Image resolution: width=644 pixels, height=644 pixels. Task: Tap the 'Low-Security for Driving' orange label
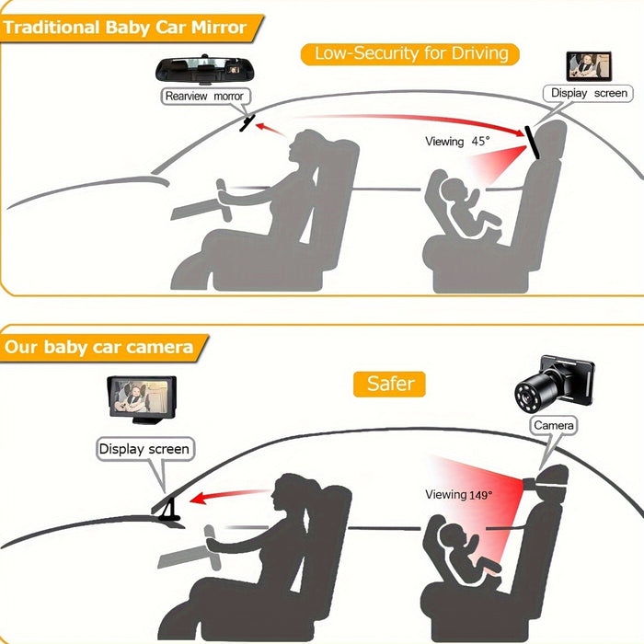pos(410,53)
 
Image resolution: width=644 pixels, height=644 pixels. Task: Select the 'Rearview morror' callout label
pos(205,96)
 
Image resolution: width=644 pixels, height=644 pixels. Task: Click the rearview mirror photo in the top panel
pos(204,70)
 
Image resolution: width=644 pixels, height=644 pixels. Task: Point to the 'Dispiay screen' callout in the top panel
pos(589,93)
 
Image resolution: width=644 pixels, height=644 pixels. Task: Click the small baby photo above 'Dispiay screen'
pos(589,66)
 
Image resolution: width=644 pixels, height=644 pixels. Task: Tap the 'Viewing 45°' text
pos(457,142)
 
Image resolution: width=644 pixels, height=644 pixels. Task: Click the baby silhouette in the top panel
pos(469,206)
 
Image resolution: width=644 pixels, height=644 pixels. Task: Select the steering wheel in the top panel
pos(224,200)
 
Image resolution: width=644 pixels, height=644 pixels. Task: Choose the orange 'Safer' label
pos(389,384)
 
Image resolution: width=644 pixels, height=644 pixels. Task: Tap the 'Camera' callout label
pos(554,425)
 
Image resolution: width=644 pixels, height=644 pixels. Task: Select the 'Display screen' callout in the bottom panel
pos(144,449)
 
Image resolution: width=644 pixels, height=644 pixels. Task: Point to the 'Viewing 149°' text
pos(458,495)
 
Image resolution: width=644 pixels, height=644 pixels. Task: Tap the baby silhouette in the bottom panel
pos(469,551)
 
